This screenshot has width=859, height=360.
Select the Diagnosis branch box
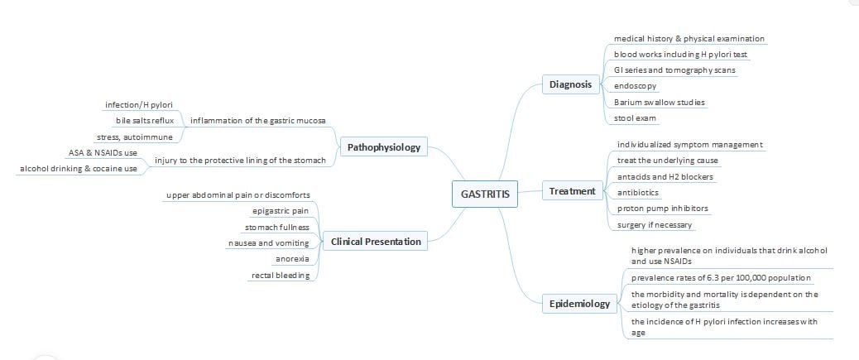(572, 84)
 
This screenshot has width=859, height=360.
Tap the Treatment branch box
(572, 191)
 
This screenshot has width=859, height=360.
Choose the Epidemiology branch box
(579, 304)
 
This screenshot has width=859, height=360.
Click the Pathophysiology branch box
(384, 148)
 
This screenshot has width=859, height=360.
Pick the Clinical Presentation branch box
(375, 242)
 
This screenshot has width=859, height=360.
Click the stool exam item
(635, 118)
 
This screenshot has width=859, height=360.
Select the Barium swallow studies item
(660, 102)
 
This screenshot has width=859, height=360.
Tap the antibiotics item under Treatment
(639, 192)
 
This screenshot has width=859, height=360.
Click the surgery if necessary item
(655, 224)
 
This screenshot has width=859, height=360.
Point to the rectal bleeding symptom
(281, 275)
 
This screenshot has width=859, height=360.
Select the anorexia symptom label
(292, 259)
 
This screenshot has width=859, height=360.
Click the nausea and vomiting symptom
(268, 242)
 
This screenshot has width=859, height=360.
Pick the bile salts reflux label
(144, 121)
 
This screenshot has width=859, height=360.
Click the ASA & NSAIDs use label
(103, 153)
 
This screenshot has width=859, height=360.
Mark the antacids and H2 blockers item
(665, 176)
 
